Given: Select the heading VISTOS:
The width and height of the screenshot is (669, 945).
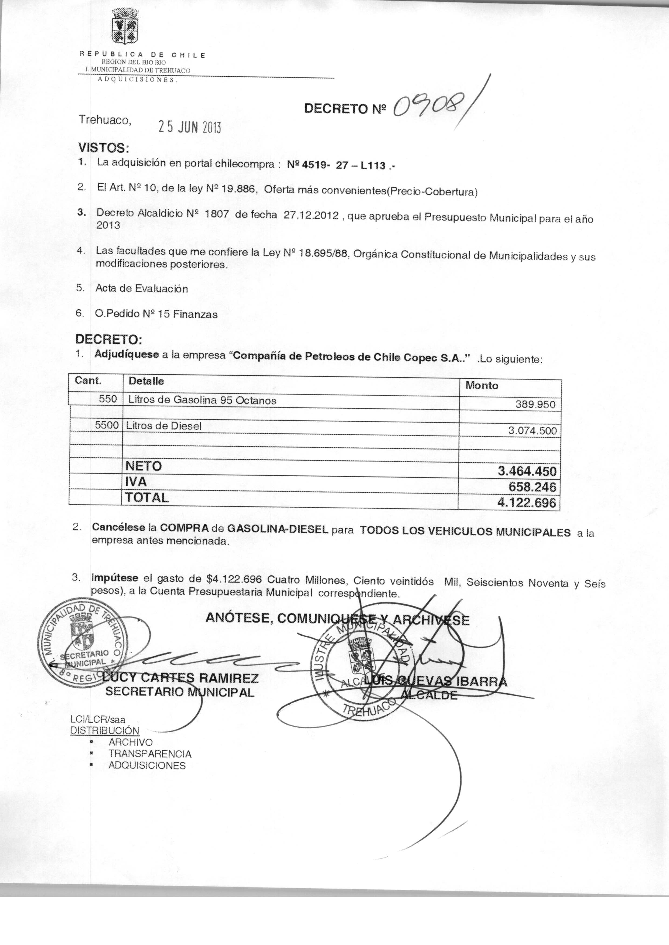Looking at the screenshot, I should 104,148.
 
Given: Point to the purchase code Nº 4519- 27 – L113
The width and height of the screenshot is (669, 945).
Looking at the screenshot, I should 340,166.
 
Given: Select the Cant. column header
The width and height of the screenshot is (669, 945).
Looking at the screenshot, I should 88,381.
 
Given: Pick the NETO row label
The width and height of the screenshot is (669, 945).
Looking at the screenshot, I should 143,466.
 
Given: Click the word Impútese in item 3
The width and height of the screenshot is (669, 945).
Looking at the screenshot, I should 115,578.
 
